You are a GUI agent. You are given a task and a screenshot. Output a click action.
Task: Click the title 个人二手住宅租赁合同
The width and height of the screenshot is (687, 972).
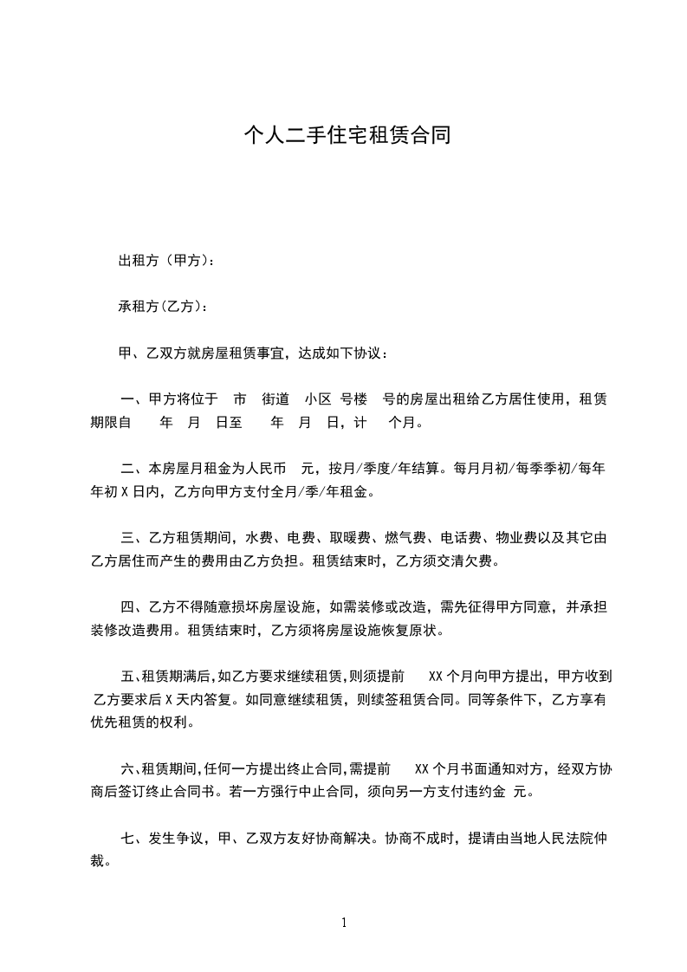(347, 135)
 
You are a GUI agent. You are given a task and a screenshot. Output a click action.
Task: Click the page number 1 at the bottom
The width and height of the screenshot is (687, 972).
(344, 923)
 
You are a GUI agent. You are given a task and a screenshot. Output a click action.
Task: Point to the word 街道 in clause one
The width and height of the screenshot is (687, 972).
(275, 399)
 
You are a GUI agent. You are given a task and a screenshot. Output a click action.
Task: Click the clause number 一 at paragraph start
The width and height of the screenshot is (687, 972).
(129, 399)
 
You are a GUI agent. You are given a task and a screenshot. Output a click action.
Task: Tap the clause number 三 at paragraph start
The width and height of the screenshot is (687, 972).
(129, 539)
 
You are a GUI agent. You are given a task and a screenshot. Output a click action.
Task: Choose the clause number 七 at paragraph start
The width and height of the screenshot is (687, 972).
(129, 839)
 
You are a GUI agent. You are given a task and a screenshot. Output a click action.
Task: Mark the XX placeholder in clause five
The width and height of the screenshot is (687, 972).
(437, 676)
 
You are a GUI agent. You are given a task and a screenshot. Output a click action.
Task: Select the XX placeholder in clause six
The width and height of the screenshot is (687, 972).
(423, 768)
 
